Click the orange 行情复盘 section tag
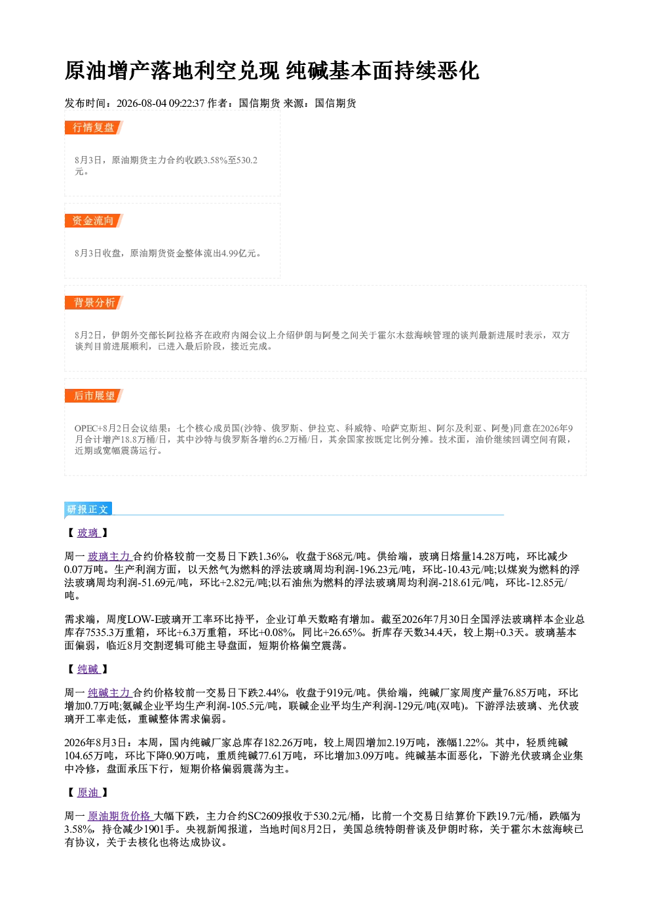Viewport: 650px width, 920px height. (x=94, y=127)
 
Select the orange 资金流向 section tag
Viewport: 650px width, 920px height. (x=94, y=220)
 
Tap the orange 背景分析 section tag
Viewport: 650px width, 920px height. (x=94, y=303)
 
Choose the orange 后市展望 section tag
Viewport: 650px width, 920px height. (x=94, y=396)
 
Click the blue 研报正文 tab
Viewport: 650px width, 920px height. (x=88, y=510)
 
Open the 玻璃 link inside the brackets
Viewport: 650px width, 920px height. (x=88, y=533)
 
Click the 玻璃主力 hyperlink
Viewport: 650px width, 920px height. (x=109, y=557)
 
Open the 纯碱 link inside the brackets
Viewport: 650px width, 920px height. (x=88, y=669)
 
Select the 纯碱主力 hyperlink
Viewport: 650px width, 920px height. (x=109, y=693)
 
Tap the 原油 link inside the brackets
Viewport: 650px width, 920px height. (x=88, y=792)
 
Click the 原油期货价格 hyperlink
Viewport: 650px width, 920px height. (x=120, y=816)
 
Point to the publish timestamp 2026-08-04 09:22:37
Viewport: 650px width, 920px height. (x=161, y=103)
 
